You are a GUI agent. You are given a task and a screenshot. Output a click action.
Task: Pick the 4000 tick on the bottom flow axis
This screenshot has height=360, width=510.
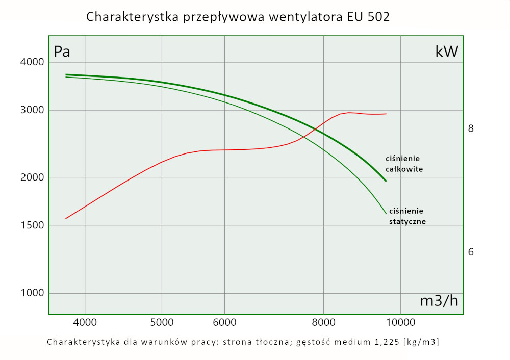85,322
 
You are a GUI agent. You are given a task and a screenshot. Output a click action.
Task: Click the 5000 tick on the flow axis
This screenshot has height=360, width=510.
162,322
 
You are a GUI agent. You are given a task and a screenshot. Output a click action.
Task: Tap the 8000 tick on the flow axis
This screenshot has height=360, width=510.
324,322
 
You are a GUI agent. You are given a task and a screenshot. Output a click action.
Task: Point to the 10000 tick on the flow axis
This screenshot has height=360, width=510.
400,322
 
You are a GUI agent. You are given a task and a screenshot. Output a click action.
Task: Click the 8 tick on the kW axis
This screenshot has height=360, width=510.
471,128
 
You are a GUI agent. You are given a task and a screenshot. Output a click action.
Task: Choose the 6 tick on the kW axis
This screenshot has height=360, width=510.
471,252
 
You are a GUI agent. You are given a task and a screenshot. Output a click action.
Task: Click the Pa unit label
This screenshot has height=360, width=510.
62,52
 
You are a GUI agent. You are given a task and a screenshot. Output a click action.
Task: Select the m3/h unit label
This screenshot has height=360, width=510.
439,301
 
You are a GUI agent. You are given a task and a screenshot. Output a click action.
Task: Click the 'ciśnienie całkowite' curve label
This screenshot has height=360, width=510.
404,164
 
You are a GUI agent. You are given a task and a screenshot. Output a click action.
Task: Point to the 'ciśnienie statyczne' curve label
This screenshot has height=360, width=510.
407,216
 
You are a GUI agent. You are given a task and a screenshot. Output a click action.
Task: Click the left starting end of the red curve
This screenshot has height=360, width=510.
66,219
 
